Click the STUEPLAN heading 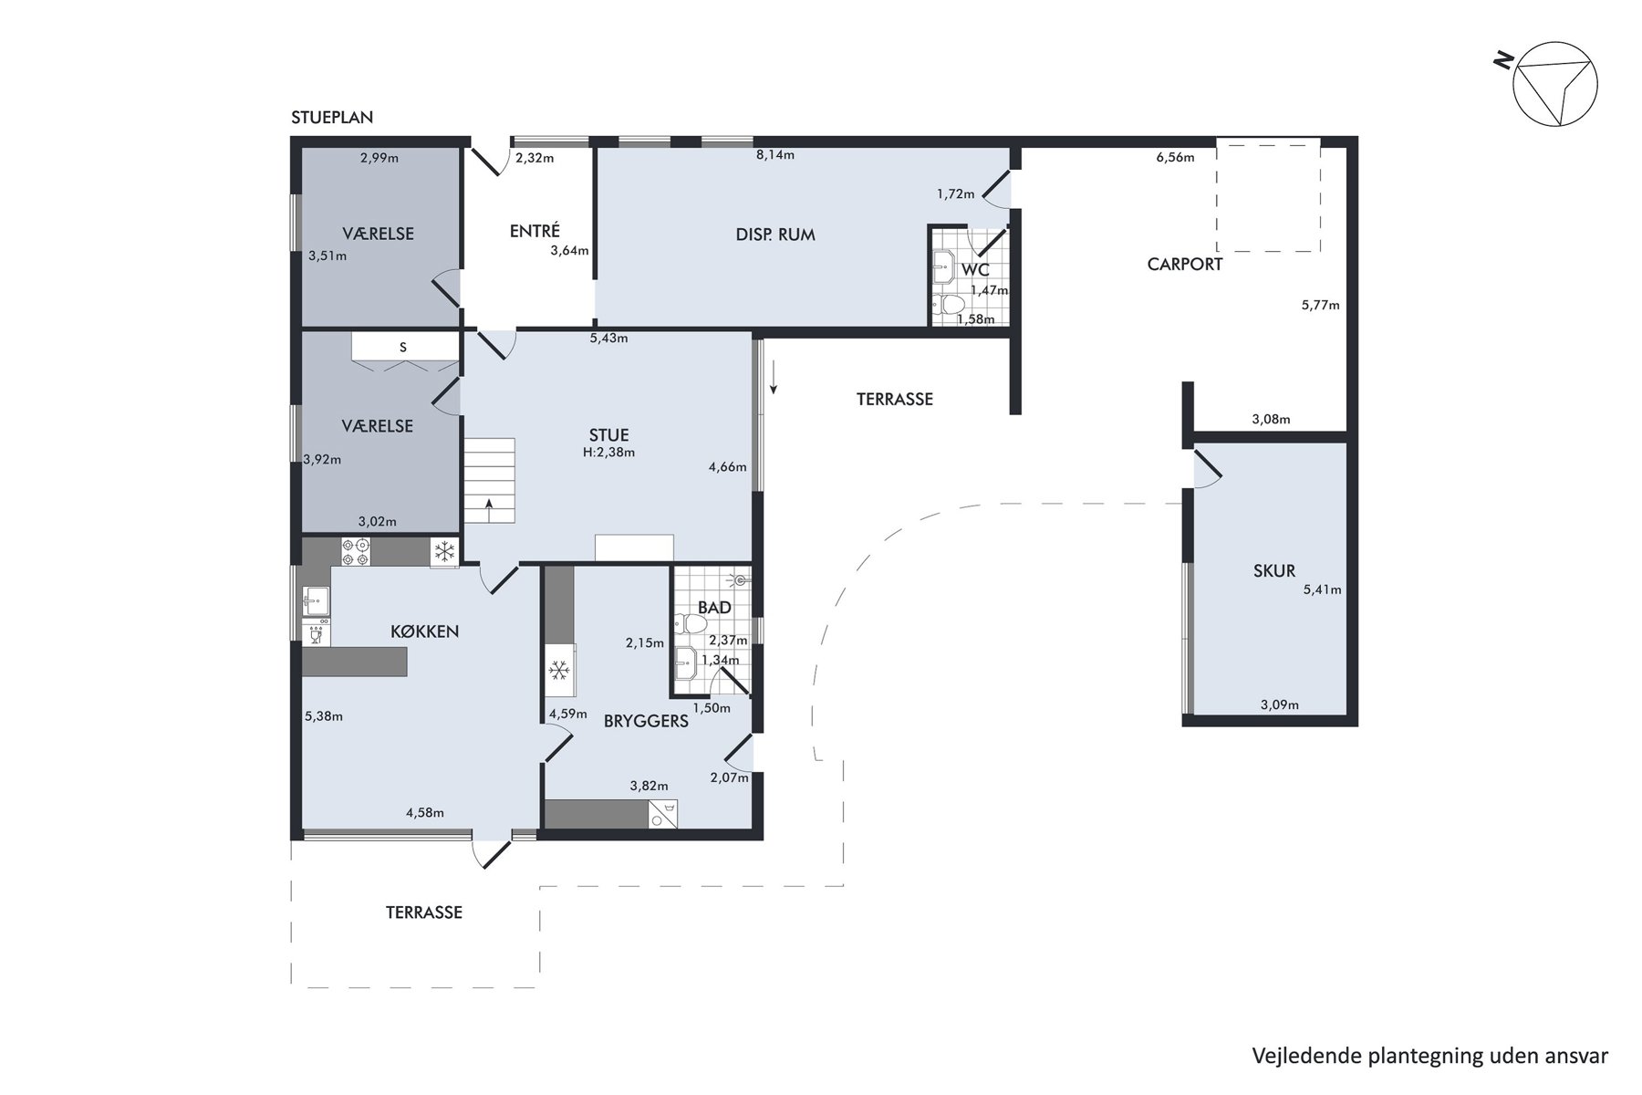point(332,118)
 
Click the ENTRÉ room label point(535,232)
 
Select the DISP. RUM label point(775,235)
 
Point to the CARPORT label point(1185,265)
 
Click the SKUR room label point(1274,571)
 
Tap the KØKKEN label point(424,631)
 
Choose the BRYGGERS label point(646,721)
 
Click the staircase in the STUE point(490,481)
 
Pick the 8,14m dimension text point(775,155)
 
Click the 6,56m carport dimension point(1175,157)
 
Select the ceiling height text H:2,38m point(609,452)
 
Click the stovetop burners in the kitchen point(356,551)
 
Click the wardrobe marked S point(403,348)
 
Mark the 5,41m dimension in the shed point(1322,589)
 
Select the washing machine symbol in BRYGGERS point(663,815)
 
